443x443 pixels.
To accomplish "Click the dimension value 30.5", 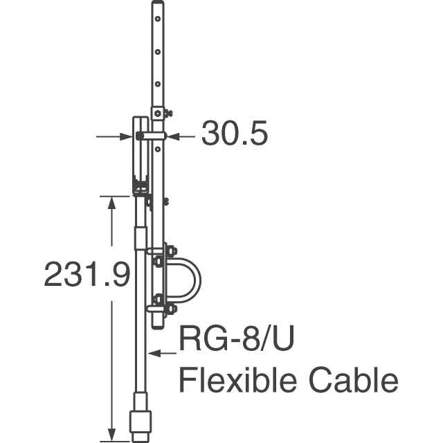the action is click(x=234, y=133).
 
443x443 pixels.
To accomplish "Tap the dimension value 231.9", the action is click(x=87, y=274).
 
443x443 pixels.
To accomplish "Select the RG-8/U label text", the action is click(x=237, y=338).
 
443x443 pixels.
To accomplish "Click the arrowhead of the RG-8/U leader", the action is click(x=155, y=353).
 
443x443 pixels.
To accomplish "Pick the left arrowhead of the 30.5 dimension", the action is click(x=126, y=137).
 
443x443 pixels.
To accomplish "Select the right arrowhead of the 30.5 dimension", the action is click(x=173, y=137).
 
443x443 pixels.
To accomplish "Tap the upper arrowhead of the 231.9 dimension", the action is click(x=112, y=203).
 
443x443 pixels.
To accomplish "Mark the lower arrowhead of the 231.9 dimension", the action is click(x=112, y=434).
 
